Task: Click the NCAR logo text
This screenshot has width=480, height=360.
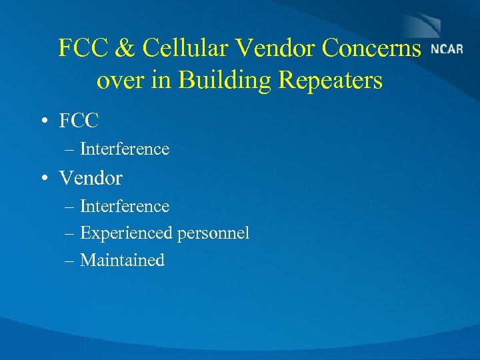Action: pyautogui.click(x=447, y=50)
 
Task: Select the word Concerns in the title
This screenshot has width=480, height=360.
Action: pyautogui.click(x=372, y=48)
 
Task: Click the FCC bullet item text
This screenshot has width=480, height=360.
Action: pyautogui.click(x=79, y=121)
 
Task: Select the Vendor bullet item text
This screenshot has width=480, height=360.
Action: pyautogui.click(x=91, y=179)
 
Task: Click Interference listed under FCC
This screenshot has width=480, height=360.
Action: pyautogui.click(x=125, y=149)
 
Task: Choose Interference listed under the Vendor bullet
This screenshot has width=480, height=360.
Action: pyautogui.click(x=125, y=207)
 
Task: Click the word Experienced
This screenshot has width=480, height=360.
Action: pyautogui.click(x=126, y=233)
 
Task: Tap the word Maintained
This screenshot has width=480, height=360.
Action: pyautogui.click(x=122, y=260)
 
